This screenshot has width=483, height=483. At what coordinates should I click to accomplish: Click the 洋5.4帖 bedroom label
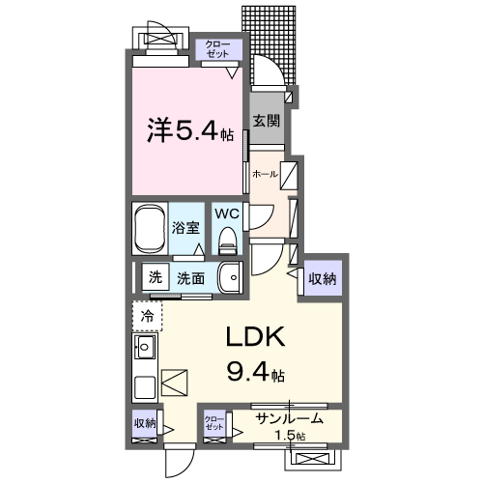pos(189,130)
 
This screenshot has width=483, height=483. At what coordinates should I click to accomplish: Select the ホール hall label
pos(264,175)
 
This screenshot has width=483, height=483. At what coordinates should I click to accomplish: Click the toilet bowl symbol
pos(227,238)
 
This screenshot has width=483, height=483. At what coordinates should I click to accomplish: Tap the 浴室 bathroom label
pos(185,230)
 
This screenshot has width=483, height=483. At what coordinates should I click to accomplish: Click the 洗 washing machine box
pos(155,277)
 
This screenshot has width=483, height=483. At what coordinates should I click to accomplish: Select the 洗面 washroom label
pos(190,278)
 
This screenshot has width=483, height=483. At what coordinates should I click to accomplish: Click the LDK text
pos(256,338)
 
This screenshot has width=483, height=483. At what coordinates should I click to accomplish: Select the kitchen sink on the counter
pos(147,348)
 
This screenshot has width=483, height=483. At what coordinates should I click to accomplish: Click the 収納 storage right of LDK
pos(323,279)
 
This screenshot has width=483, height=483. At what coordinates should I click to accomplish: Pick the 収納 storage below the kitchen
pos(145,423)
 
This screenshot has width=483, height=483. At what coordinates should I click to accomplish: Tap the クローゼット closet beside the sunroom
pos(214,423)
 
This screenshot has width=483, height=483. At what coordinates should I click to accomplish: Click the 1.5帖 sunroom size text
pos(290,437)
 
